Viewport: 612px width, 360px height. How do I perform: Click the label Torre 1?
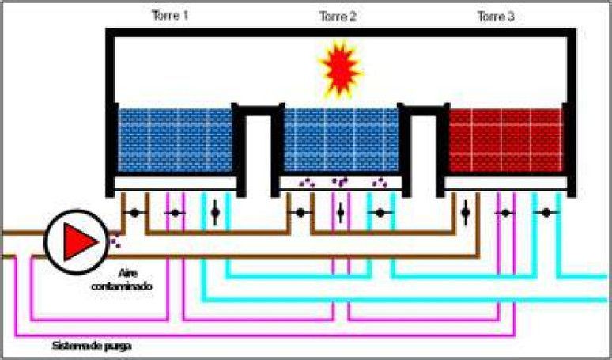(170, 16)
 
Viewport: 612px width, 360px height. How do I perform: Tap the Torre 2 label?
(338, 17)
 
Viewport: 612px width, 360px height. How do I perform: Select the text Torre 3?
(496, 17)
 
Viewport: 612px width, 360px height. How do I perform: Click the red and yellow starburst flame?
(340, 69)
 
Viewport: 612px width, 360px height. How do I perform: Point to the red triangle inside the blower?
(80, 241)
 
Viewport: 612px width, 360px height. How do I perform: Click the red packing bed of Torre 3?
(506, 140)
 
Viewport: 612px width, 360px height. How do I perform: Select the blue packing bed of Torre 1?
(176, 140)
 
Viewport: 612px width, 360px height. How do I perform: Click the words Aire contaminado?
(122, 279)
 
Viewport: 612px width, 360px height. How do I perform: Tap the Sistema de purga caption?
(92, 346)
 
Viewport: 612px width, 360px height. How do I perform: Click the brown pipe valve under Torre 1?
(134, 213)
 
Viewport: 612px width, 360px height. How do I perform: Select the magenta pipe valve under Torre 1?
(176, 213)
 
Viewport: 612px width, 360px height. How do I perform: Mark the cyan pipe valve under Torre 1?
(215, 213)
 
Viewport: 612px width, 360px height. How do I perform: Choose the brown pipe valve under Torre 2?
(300, 213)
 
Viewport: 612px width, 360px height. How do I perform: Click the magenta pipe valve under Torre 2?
(340, 213)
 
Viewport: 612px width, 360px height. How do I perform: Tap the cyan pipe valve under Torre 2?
(380, 213)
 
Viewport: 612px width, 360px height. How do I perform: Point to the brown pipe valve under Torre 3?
(465, 213)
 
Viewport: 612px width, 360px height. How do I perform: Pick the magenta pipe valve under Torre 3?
(506, 213)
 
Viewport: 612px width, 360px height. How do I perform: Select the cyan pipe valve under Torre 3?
(546, 213)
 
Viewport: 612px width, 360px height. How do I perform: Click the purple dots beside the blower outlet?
(115, 241)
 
